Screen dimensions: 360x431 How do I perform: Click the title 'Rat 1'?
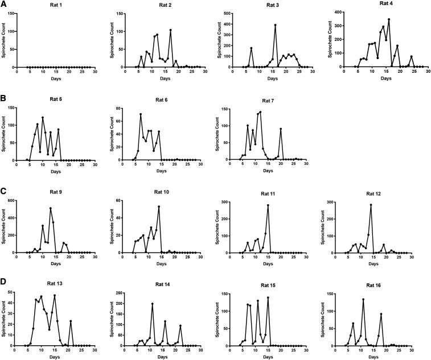point(56,6)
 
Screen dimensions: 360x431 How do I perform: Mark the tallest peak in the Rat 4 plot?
point(389,20)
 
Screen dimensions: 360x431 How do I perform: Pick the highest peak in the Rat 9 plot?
point(51,208)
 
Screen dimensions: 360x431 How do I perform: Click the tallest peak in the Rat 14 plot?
point(152,304)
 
